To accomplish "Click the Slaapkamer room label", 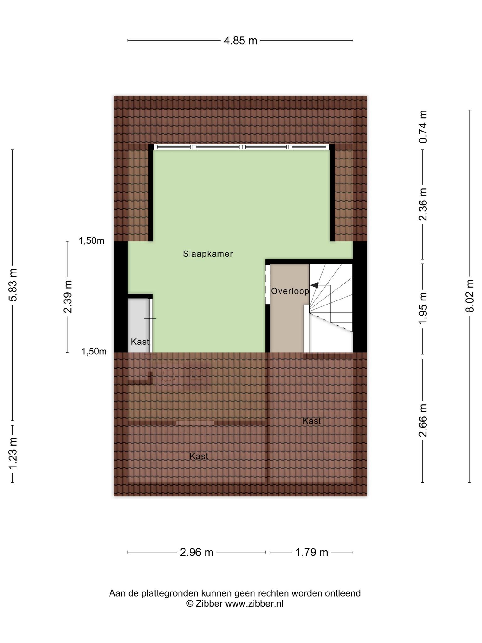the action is click(208, 254).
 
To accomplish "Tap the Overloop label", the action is click(290, 291).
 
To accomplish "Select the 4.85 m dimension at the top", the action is click(240, 41).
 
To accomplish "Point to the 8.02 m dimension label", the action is click(469, 296).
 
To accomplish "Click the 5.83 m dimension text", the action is click(13, 285).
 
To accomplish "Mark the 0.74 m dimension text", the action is click(423, 127).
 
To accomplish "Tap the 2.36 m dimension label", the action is click(423, 204).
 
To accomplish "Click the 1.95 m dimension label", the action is click(423, 309).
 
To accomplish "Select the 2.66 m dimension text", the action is click(423, 420).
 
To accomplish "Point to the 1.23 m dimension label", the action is click(13, 453).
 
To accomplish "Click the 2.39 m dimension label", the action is click(67, 297).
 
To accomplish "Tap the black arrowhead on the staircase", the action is click(314, 285).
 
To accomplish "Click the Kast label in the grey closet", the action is click(140, 342).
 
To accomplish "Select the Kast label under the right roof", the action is click(312, 421).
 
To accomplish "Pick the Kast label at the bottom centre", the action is click(199, 456).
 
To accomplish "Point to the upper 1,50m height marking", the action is click(91, 241).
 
